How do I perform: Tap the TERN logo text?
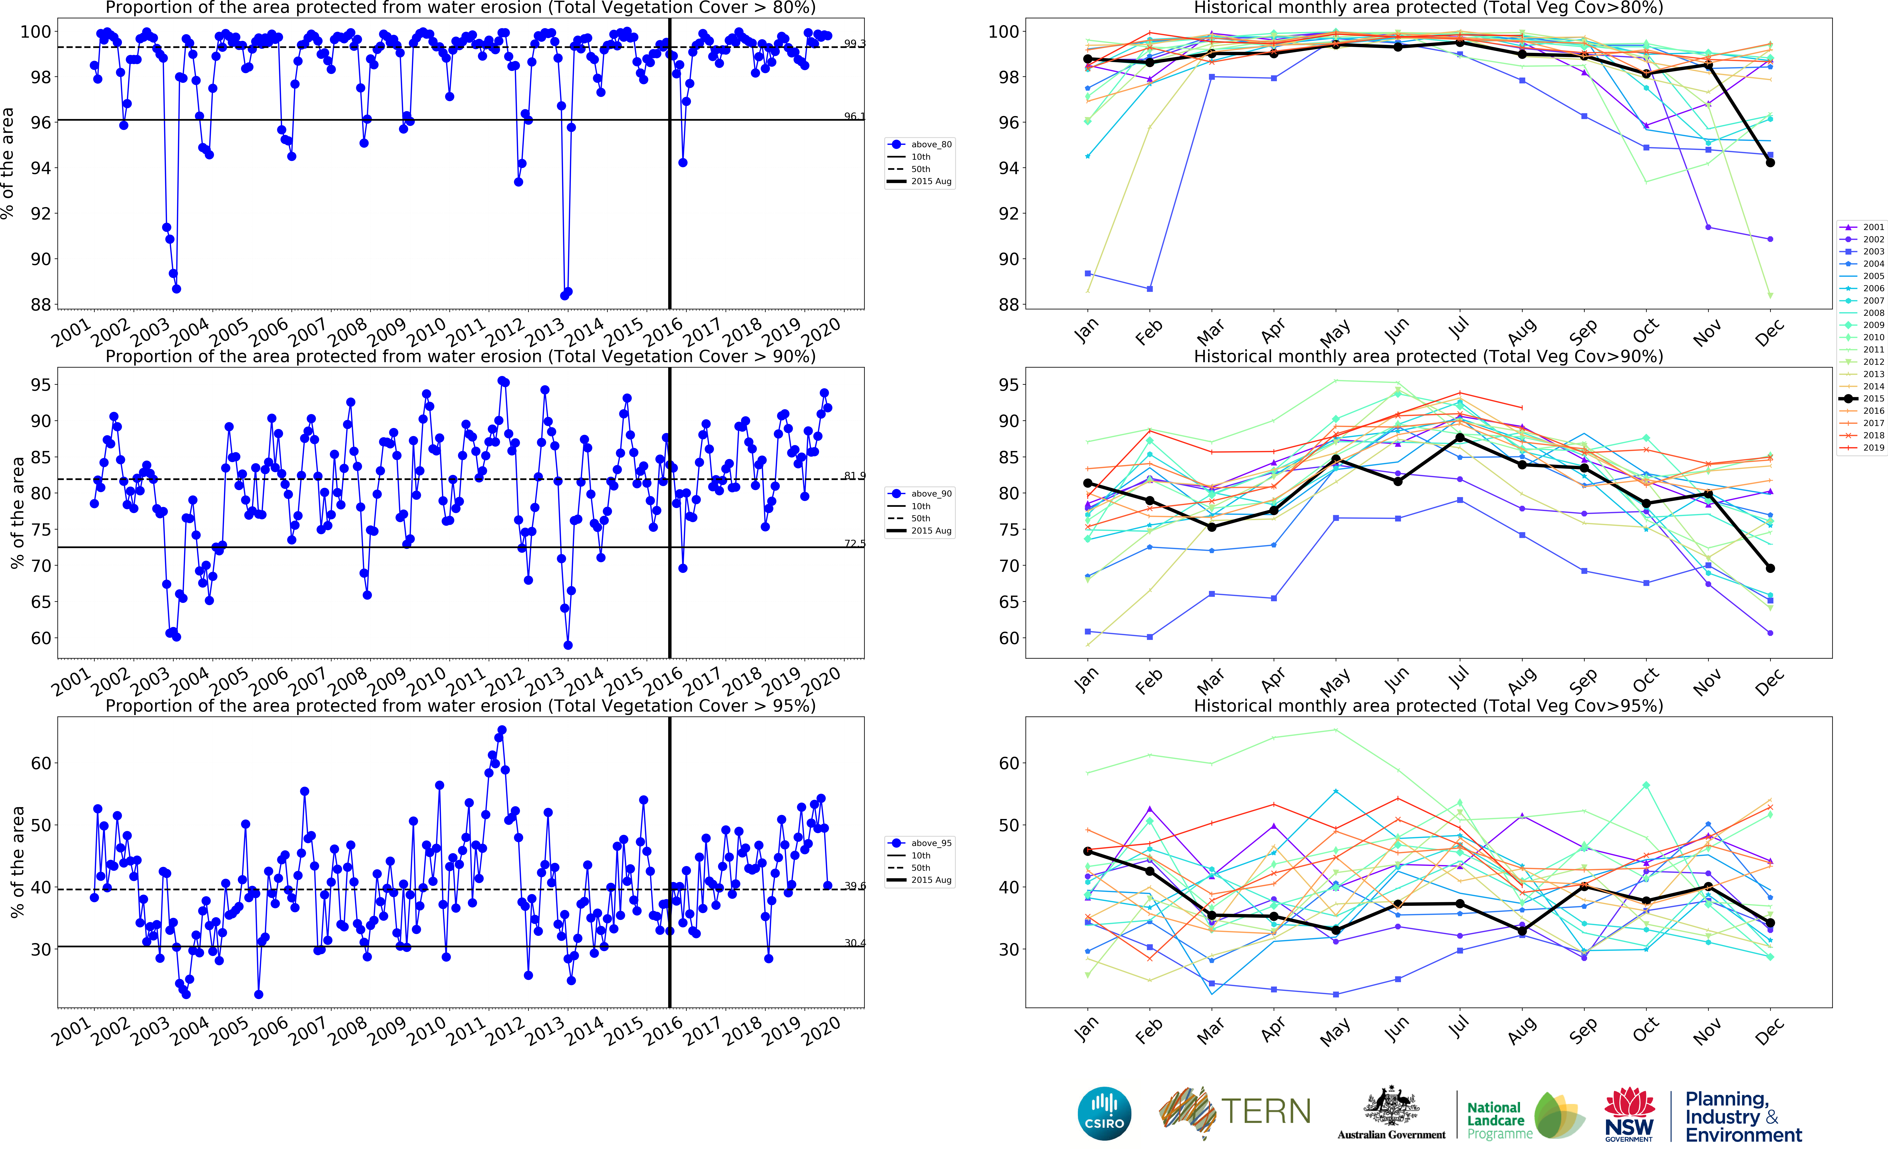pos(1266,1111)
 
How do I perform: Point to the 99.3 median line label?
pos(854,43)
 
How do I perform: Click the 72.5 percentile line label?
pos(854,543)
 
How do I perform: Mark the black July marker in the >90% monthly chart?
pos(1460,438)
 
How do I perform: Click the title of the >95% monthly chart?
pos(1428,705)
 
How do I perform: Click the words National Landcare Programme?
pos(1498,1120)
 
